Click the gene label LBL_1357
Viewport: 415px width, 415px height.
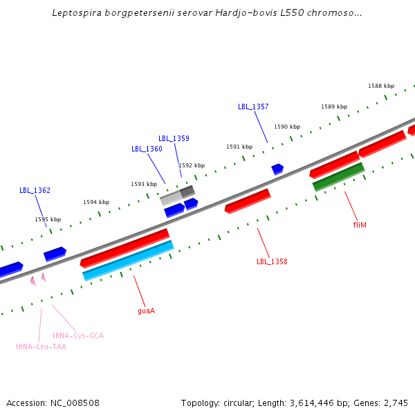click(253, 107)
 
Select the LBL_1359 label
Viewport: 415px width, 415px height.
click(174, 138)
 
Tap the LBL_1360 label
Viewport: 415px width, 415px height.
click(147, 149)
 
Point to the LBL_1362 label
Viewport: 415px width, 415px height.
click(35, 190)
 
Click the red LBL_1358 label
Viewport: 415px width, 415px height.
click(272, 261)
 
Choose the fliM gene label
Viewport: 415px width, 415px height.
click(360, 225)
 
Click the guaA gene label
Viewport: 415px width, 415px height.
click(146, 311)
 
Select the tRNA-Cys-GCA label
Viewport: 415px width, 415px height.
click(78, 335)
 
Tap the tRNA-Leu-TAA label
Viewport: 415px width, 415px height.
click(41, 347)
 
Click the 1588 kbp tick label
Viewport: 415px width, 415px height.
click(381, 86)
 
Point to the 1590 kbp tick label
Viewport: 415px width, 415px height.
click(287, 127)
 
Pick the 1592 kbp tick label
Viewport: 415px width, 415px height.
click(192, 165)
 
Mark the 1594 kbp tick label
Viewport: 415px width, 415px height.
click(96, 202)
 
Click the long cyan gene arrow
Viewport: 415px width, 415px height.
click(128, 260)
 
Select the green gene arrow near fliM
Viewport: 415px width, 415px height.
click(338, 176)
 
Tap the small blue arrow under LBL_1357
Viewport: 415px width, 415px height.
click(277, 169)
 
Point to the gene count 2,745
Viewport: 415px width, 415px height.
click(396, 403)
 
